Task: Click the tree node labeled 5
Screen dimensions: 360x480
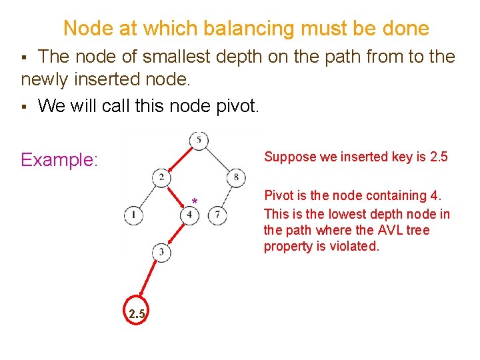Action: (199, 140)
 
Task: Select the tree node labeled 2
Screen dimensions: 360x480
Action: (162, 177)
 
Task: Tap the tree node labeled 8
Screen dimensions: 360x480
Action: (237, 177)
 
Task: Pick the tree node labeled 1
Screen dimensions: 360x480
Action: (133, 215)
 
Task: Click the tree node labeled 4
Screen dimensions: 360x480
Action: (190, 215)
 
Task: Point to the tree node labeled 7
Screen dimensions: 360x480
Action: (217, 215)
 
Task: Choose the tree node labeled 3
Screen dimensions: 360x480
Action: (162, 251)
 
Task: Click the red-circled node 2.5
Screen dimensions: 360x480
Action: (136, 313)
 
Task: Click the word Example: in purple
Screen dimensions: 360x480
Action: (59, 160)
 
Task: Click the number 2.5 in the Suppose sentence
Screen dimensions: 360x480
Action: (439, 157)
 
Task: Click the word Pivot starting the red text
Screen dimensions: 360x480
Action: (279, 196)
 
